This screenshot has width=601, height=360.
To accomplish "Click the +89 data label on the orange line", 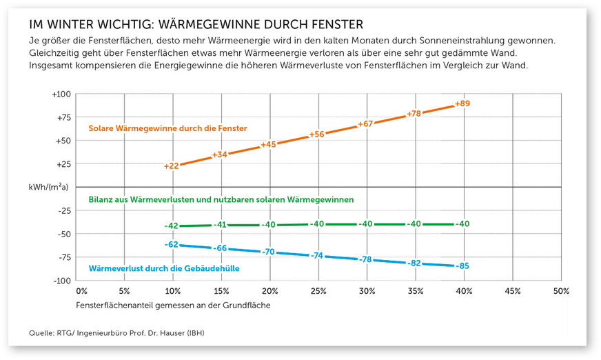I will pyautogui.click(x=462, y=103).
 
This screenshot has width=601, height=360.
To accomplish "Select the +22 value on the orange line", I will pyautogui.click(x=172, y=166).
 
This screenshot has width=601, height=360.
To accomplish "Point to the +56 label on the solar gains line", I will pyautogui.click(x=317, y=134).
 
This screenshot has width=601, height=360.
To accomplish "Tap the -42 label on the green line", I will pyautogui.click(x=172, y=226).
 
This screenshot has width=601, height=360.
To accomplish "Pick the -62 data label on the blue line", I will pyautogui.click(x=172, y=244).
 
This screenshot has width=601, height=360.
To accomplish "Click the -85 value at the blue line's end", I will pyautogui.click(x=462, y=266).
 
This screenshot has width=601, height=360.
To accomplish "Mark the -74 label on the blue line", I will pyautogui.click(x=317, y=255).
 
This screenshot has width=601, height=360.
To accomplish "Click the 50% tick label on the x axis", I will pyautogui.click(x=560, y=292).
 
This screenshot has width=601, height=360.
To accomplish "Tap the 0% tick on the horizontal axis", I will pyautogui.click(x=81, y=292).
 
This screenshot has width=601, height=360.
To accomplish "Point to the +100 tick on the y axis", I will pyautogui.click(x=61, y=94).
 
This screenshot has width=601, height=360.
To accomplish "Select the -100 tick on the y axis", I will pyautogui.click(x=62, y=281).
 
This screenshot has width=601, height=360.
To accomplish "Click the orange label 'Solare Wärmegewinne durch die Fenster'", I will pyautogui.click(x=167, y=128).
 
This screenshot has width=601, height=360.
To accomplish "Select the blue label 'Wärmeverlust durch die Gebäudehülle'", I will pyautogui.click(x=164, y=268).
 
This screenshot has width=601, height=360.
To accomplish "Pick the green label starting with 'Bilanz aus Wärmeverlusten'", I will pyautogui.click(x=221, y=199).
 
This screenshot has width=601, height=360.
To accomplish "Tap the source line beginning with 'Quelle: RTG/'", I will pyautogui.click(x=117, y=334).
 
